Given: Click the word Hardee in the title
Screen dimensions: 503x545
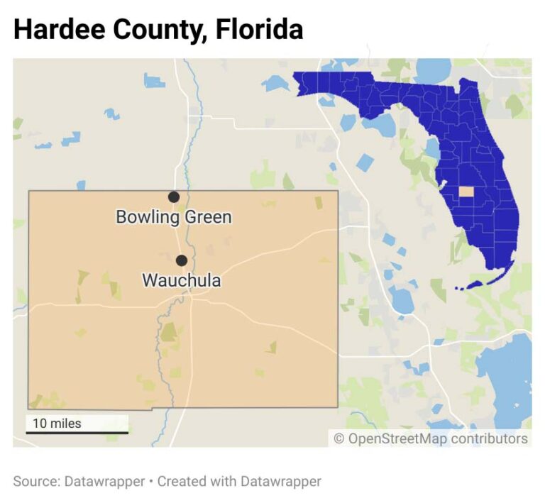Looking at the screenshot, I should point(57,29).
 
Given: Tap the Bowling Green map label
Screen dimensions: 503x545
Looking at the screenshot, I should point(174,216).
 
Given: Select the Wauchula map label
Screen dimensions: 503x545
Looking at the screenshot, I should point(181,280).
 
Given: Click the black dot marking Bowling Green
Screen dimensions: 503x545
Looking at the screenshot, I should point(173,197).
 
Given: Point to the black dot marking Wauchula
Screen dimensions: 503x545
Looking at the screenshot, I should point(182,260).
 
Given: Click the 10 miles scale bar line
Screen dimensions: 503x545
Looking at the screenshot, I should point(77,432).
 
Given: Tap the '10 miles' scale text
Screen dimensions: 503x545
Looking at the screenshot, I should point(57,424).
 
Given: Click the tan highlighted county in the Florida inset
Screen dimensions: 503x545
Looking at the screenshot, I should point(466,191).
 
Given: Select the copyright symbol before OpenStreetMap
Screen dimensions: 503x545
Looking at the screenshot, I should point(339,438).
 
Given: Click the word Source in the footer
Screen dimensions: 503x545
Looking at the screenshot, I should point(35,481).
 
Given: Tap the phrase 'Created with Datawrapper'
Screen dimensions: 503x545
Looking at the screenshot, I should point(239,481).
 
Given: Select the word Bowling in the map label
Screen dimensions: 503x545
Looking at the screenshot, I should point(144,216).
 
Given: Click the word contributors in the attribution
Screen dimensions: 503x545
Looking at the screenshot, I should point(489,438).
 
